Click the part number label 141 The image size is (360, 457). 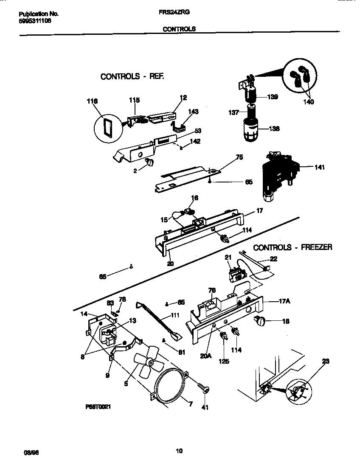(320, 167)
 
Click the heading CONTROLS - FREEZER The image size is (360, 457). (292, 247)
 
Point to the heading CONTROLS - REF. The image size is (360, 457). (132, 77)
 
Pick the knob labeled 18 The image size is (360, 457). (260, 321)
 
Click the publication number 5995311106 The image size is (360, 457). (35, 20)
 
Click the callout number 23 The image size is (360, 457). (326, 362)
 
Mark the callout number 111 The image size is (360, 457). (175, 315)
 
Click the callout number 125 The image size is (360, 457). (224, 362)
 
